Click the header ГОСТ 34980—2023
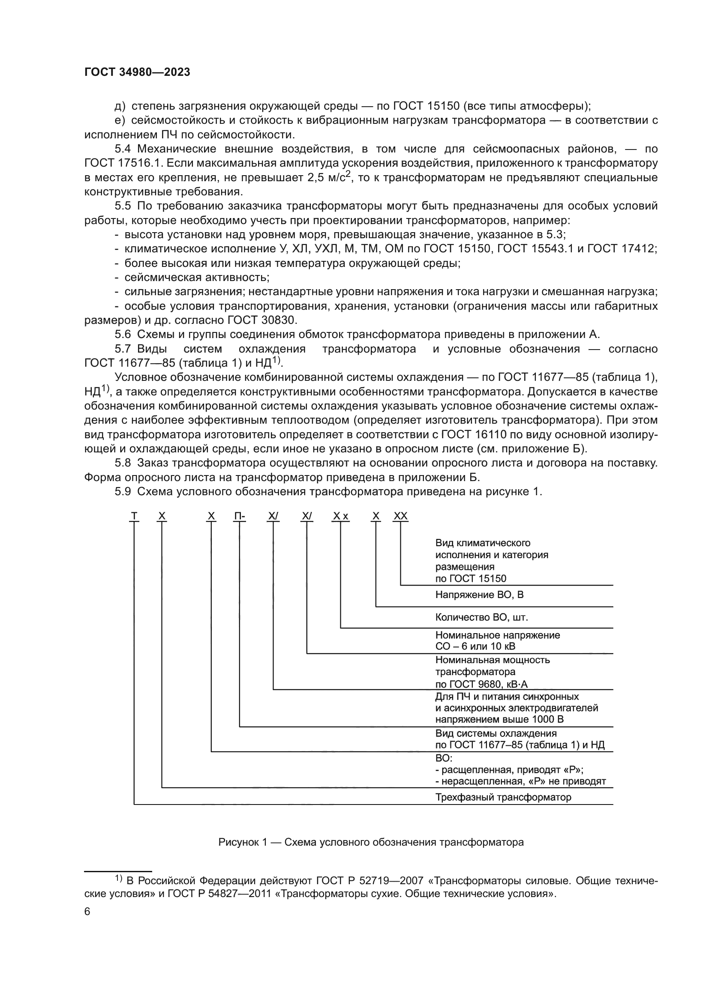pos(137,72)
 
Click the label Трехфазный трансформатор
pos(503,797)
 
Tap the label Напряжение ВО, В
pos(479,595)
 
